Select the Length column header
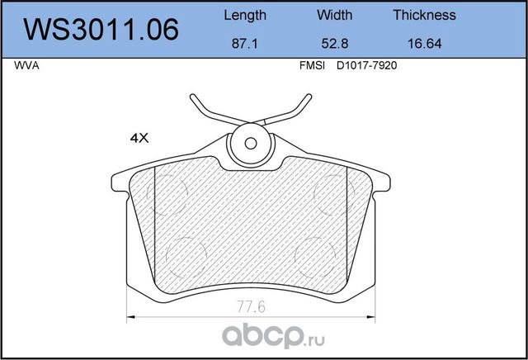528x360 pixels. pyautogui.click(x=245, y=15)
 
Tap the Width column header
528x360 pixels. pyautogui.click(x=335, y=15)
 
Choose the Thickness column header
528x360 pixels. pyautogui.click(x=424, y=15)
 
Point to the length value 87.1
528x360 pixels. pyautogui.click(x=245, y=47)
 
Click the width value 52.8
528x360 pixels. pyautogui.click(x=335, y=47)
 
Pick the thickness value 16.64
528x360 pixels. pyautogui.click(x=424, y=47)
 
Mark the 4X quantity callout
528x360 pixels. pyautogui.click(x=137, y=139)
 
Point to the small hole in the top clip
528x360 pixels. pyautogui.click(x=249, y=142)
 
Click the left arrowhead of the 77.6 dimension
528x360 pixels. pyautogui.click(x=127, y=318)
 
